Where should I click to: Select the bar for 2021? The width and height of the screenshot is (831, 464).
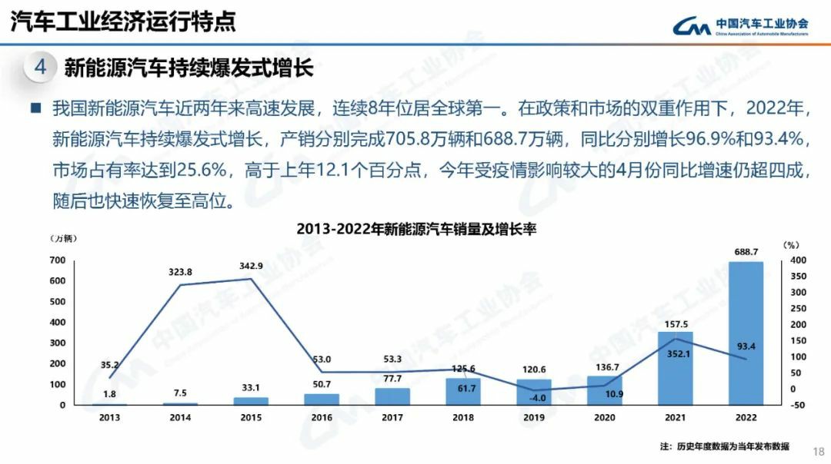click(x=675, y=368)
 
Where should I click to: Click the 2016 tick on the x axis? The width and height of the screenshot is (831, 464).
click(x=321, y=418)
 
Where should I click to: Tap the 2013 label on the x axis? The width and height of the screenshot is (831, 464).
click(x=109, y=418)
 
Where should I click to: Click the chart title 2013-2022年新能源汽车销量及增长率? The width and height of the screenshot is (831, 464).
click(x=415, y=229)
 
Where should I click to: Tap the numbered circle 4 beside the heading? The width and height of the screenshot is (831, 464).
click(x=41, y=67)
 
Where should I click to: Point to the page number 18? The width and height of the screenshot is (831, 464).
click(x=818, y=451)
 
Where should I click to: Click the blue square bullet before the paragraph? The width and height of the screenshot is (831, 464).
click(x=35, y=108)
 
